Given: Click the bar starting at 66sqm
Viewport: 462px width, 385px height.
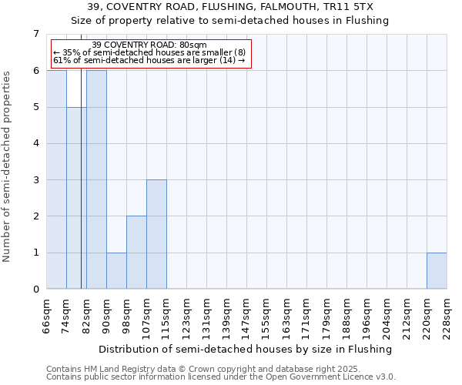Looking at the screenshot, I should [56, 179].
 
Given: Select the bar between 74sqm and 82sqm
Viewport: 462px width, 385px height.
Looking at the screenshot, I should [76, 198].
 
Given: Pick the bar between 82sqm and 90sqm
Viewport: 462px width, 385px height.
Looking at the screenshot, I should [96, 179].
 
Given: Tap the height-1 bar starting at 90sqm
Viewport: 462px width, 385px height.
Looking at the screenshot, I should [116, 271].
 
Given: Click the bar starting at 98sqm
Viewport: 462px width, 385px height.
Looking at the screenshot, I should [136, 253].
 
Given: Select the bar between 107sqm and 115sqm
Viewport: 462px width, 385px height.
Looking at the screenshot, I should [156, 234].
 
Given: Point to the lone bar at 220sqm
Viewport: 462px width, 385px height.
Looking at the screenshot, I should [437, 271].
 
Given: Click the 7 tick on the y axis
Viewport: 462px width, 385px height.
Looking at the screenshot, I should [35, 34].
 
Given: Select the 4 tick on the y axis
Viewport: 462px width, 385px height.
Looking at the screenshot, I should [35, 143].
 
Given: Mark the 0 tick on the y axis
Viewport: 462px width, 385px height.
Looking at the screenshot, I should [35, 290].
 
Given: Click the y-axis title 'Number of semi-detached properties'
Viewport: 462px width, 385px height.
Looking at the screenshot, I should [7, 166].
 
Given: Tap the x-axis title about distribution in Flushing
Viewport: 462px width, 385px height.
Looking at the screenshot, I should [246, 349].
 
